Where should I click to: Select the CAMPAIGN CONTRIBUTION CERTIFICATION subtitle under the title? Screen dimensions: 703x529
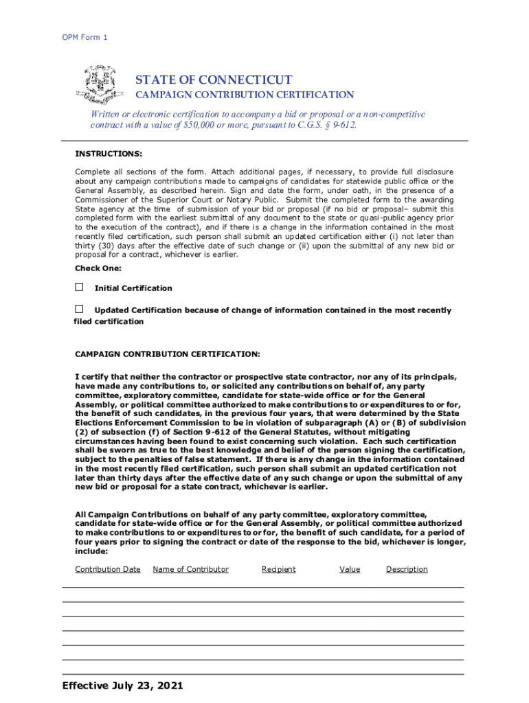pos(244,95)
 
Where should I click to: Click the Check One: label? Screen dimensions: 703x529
pos(98,268)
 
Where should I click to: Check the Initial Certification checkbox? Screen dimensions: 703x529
pos(79,287)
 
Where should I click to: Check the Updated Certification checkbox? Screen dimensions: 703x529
pos(79,309)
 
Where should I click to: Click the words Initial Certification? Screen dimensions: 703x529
pos(133,288)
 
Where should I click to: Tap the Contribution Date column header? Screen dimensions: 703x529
pos(108,569)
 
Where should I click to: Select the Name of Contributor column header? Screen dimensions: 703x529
pos(190,569)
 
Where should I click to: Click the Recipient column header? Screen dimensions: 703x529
pos(279,569)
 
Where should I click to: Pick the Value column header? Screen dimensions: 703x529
pos(350,569)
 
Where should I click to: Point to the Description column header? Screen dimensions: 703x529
pos(407,569)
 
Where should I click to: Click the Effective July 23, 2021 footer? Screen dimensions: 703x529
pos(122,685)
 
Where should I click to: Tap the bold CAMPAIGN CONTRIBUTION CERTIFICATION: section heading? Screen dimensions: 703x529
pos(167,354)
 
